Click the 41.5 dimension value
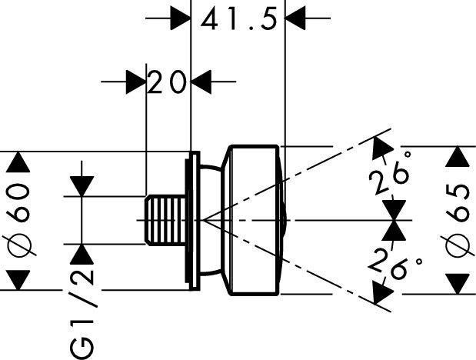[239, 18]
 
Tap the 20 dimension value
[167, 82]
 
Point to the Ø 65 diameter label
[458, 220]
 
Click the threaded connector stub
[165, 220]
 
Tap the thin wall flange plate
[192, 220]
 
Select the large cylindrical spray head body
[255, 220]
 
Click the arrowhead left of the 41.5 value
[180, 18]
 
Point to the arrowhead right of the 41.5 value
[295, 18]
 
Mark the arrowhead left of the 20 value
[136, 82]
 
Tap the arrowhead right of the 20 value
[201, 82]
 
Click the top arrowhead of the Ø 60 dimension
[18, 162]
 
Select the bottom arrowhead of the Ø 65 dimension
[458, 284]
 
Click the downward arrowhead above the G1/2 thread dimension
[82, 186]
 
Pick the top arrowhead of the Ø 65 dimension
[458, 156]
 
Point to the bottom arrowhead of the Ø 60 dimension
[18, 280]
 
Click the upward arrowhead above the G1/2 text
[82, 255]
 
